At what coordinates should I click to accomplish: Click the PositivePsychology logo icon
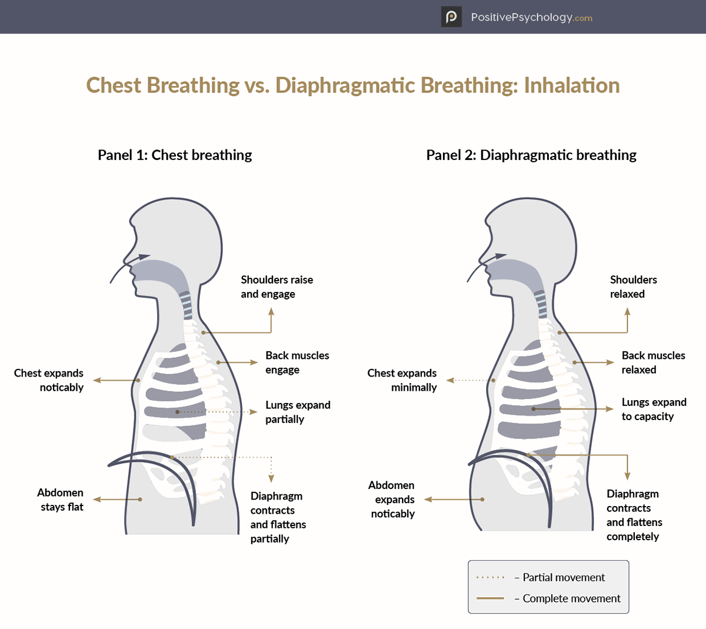tap(451, 16)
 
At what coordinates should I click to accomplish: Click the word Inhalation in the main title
tap(571, 85)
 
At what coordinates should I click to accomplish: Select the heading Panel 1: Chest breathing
tap(175, 155)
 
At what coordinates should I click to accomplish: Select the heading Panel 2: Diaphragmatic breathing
tap(531, 155)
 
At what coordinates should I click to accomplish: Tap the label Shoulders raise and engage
tap(277, 287)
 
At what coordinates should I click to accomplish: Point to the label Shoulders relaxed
tap(633, 287)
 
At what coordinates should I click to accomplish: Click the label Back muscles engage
tap(297, 362)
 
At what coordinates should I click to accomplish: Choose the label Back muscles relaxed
tap(653, 362)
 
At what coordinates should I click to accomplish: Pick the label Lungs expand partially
tap(298, 412)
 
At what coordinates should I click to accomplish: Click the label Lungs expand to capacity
tap(654, 409)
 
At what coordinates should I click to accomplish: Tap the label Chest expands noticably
tap(49, 380)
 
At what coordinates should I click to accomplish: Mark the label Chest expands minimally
tap(402, 380)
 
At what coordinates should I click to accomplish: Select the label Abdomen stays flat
tap(61, 500)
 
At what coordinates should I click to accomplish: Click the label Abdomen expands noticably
tap(392, 500)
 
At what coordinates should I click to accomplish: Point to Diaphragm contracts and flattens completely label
tap(634, 515)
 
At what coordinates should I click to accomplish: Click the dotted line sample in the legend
tap(491, 578)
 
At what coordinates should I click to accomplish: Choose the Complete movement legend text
tap(571, 598)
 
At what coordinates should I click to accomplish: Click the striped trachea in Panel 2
tap(541, 304)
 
